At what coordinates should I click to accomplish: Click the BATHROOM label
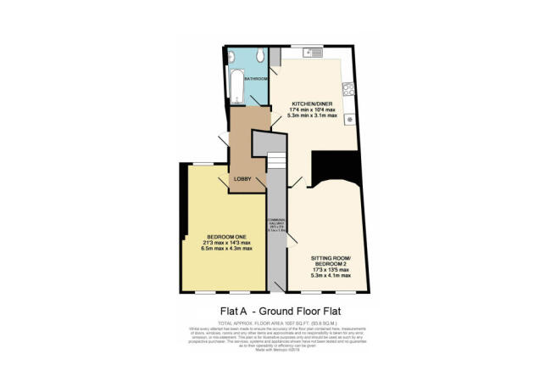(x=256, y=79)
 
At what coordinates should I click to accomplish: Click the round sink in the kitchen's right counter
(x=348, y=118)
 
